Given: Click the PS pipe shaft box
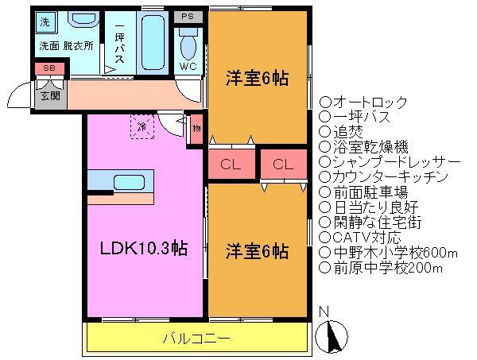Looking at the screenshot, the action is click(x=188, y=17).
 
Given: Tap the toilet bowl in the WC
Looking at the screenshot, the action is click(x=188, y=45).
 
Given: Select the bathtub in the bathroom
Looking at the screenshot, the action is click(x=153, y=43).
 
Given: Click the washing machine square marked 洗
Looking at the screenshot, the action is click(x=46, y=22).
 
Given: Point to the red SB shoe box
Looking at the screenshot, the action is click(x=49, y=68).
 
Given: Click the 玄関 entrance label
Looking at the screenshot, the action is click(x=50, y=96).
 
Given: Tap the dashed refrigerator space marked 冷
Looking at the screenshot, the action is click(x=142, y=126).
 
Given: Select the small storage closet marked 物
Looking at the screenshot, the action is click(x=196, y=129).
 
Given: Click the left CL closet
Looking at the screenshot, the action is click(x=231, y=165).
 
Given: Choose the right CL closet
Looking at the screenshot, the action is click(x=284, y=165).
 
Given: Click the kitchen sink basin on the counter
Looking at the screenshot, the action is click(x=129, y=183).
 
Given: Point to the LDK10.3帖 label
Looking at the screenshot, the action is click(x=144, y=249).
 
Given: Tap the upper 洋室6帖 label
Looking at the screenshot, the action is click(x=257, y=79).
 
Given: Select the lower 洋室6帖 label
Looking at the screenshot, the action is click(x=257, y=252).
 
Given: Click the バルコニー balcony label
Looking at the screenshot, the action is click(x=196, y=339).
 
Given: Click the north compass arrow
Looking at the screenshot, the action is click(x=332, y=337).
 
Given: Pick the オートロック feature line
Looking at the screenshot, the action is click(x=363, y=103).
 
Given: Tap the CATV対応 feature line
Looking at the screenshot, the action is click(x=360, y=238).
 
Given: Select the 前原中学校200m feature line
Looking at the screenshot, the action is click(x=381, y=268).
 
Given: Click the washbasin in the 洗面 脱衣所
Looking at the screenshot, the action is click(x=83, y=19).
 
